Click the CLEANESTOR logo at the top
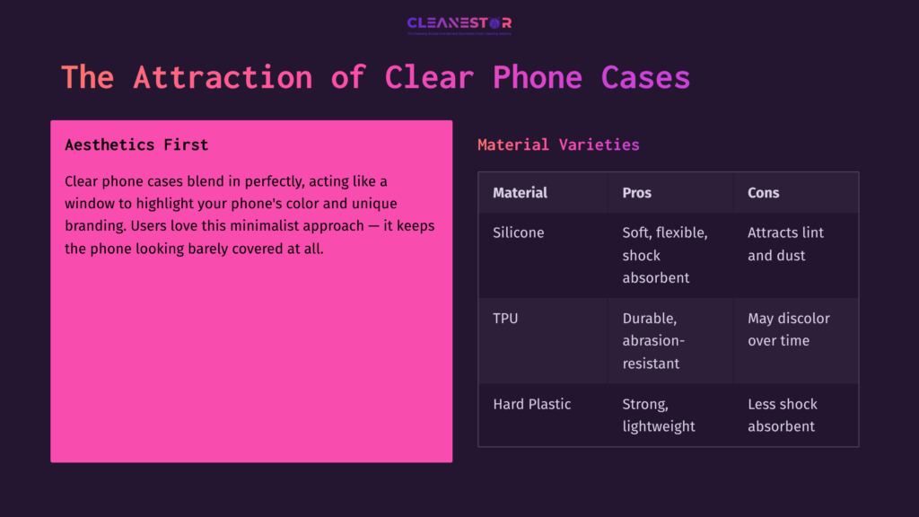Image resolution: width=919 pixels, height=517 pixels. tap(459, 24)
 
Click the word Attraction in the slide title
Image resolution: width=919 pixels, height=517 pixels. tap(223, 77)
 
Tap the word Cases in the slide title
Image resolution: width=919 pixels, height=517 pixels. tap(645, 77)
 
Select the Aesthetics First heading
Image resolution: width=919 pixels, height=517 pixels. tap(136, 145)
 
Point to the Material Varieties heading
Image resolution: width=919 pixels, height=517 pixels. tap(558, 145)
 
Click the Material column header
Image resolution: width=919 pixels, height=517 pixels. tap(520, 193)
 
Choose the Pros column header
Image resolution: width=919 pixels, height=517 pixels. tap(637, 193)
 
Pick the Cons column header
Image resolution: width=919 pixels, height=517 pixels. tap(764, 193)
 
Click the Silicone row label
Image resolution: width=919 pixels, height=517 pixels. tap(519, 232)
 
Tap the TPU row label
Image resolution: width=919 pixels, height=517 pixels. tap(505, 319)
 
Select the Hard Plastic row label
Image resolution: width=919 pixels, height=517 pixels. tap(532, 404)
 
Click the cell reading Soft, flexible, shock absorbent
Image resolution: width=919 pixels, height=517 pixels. tap(665, 255)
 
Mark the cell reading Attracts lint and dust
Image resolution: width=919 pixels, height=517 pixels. tap(785, 244)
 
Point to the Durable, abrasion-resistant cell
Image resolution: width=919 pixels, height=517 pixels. tap(652, 341)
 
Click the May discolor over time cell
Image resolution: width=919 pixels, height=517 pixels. tap(788, 329)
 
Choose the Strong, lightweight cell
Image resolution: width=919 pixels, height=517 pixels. tap(659, 415)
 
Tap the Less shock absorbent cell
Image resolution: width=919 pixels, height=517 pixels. tap(783, 415)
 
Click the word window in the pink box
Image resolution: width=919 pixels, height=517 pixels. tap(88, 204)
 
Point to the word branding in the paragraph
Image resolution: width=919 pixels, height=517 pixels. tap(92, 226)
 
